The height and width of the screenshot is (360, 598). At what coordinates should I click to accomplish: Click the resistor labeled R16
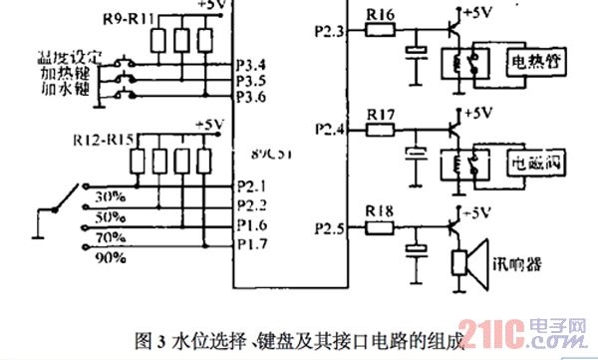coord(380,30)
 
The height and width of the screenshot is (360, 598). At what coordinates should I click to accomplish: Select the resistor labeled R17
coord(380,128)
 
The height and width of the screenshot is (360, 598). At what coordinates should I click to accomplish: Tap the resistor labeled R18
coord(379,226)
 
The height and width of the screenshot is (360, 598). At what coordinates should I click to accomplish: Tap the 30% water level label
coord(110,196)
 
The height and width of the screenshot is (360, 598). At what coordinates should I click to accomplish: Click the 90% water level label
coord(110,257)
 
